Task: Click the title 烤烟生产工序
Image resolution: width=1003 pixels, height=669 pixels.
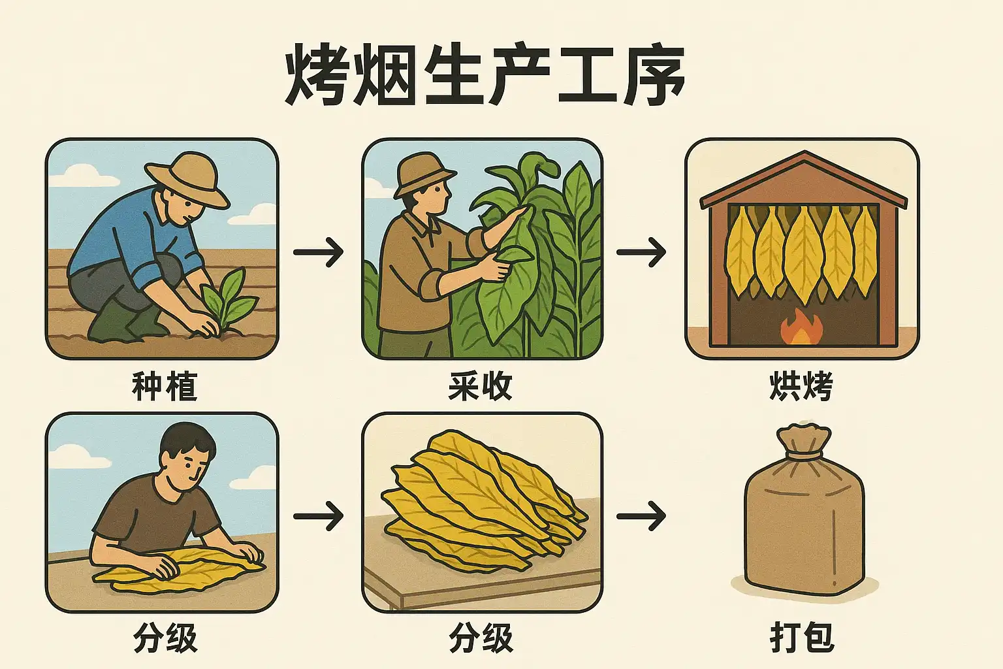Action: pos(485,75)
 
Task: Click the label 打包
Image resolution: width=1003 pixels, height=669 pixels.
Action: pos(802,637)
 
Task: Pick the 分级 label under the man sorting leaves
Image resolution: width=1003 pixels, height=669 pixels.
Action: pos(165,637)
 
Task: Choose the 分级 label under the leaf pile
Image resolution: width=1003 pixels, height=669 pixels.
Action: pos(481,637)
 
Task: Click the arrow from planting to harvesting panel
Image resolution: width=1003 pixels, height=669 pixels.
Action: pos(319,252)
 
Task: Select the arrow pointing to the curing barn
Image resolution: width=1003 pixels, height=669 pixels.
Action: pos(641,252)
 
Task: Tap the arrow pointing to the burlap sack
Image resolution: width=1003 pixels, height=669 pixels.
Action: pos(641,517)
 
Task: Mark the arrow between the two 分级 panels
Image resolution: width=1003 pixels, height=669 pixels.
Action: pos(319,517)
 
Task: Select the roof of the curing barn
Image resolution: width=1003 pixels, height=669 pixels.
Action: pos(804,179)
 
